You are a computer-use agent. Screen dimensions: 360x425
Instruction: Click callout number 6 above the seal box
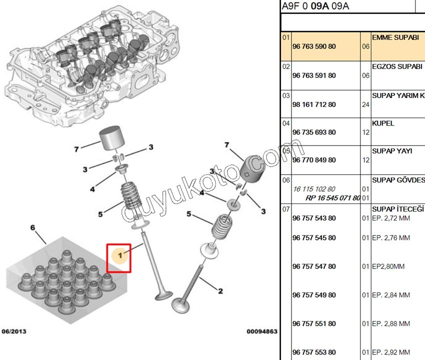33,227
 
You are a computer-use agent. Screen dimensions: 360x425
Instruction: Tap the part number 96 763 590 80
314,46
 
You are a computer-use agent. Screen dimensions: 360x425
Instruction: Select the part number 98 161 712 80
314,104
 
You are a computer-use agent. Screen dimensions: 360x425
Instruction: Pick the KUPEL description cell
383,123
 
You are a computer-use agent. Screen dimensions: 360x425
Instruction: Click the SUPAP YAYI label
392,151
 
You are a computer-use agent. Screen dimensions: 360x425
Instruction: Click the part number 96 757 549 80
314,295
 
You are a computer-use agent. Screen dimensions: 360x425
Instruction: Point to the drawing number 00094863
261,331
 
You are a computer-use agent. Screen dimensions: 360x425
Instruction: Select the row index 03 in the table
286,95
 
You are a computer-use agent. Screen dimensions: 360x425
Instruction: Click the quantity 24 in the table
365,104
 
